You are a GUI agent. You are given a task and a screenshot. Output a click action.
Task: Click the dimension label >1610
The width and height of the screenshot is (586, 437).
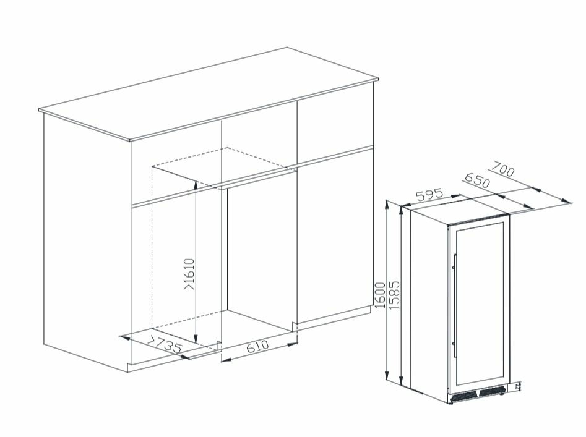[x=189, y=274]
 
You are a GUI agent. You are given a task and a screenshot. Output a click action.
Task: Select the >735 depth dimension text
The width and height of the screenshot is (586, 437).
[x=164, y=344]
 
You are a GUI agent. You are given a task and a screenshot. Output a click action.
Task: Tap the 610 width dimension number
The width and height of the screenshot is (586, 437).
[x=257, y=346]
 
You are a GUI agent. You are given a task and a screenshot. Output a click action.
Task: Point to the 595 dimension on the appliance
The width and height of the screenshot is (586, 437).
[x=429, y=195]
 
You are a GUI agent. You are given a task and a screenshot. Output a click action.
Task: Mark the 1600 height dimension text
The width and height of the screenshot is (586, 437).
[x=380, y=295]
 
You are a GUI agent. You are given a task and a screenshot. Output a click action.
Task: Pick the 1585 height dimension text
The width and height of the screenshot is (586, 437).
[x=395, y=295]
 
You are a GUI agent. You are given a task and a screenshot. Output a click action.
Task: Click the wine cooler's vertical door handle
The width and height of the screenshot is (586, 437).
[x=455, y=305]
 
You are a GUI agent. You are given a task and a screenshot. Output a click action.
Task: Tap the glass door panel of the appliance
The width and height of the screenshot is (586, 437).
[x=480, y=304]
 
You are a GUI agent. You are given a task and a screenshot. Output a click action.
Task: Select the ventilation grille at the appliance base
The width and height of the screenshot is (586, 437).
[x=478, y=394]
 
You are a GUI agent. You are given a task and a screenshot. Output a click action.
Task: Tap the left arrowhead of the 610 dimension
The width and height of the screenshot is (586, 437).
[x=226, y=359]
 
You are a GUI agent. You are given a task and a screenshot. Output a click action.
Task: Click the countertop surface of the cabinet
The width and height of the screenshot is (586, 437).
[x=209, y=93]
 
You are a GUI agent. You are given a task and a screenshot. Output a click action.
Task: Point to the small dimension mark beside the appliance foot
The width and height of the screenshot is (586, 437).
[x=517, y=386]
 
